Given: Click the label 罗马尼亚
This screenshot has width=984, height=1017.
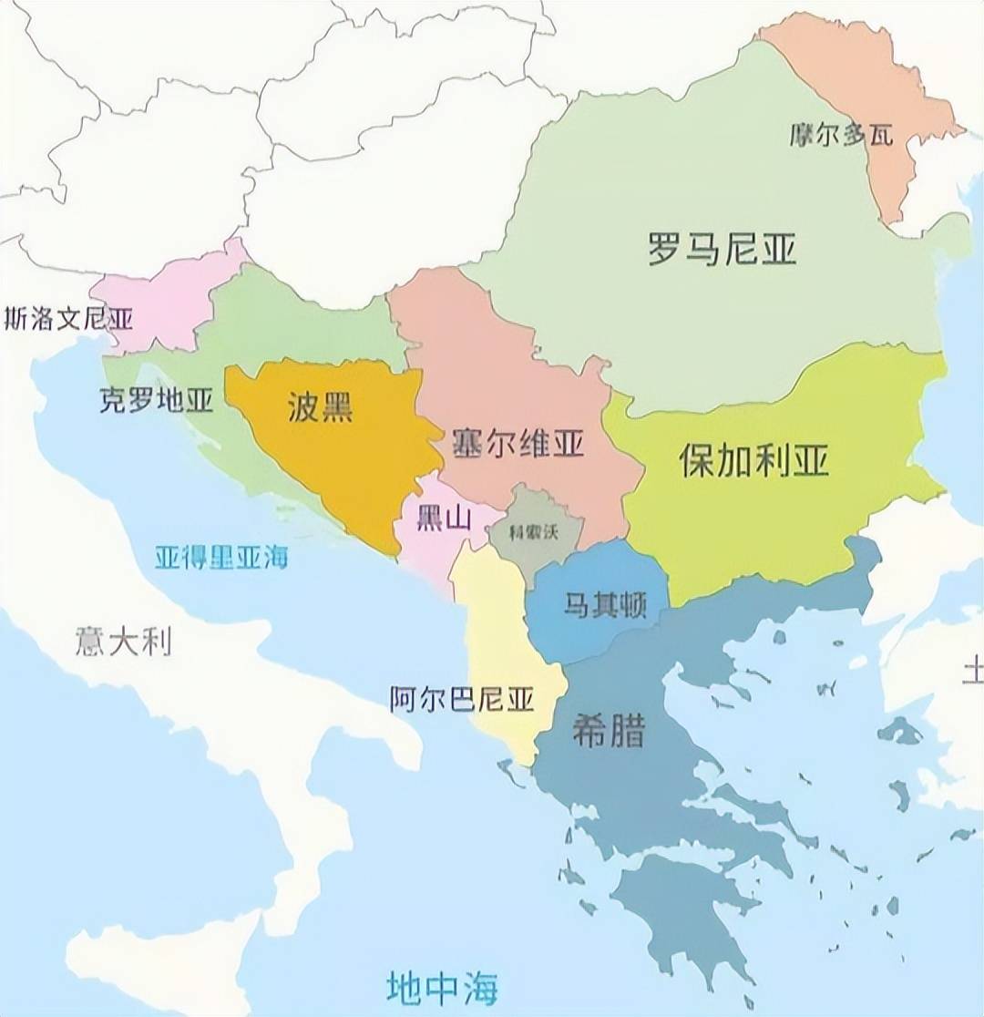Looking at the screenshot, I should (x=722, y=248).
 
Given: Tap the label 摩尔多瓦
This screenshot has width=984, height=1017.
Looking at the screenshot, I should (x=840, y=136).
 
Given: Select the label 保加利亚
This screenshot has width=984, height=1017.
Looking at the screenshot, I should (x=754, y=461).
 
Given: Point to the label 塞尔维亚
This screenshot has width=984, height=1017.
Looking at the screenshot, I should (x=518, y=444).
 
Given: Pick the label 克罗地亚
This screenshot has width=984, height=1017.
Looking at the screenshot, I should (x=156, y=400).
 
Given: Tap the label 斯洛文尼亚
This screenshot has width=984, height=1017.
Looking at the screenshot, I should (x=68, y=319).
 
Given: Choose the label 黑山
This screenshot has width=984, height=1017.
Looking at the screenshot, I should (x=444, y=518).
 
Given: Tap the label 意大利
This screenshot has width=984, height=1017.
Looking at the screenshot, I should (x=123, y=643).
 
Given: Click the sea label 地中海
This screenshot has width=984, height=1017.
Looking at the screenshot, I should (x=443, y=986).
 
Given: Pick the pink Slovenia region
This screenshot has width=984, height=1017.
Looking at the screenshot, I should (x=164, y=301).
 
